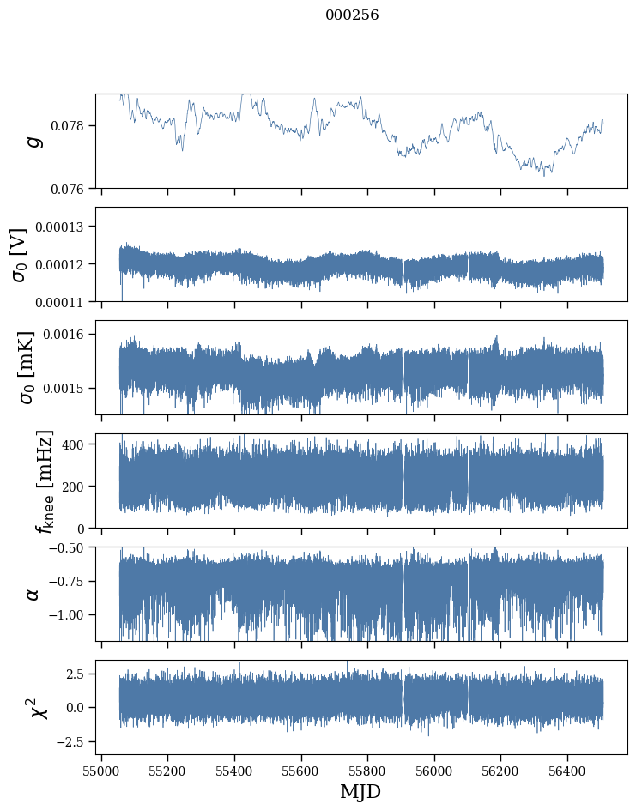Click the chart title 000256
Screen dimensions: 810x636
[352, 15]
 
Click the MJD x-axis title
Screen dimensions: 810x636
[360, 791]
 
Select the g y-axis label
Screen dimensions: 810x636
[35, 141]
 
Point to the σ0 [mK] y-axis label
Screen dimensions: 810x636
[19, 367]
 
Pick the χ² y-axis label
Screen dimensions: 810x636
[39, 707]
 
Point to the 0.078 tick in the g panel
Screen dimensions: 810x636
[73, 126]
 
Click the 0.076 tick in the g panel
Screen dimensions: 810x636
[73, 188]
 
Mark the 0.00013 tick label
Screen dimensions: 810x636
[65, 227]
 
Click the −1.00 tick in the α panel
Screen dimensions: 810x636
[68, 614]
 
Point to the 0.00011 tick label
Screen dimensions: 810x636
[65, 301]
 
